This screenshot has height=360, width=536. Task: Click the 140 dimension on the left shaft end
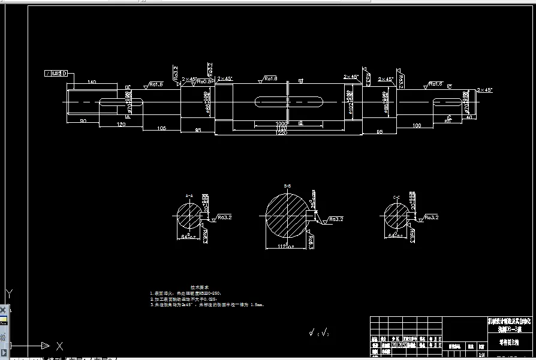coord(92,81)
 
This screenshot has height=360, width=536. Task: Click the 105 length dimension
coord(161,128)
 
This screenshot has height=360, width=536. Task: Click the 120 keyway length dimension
coord(121,124)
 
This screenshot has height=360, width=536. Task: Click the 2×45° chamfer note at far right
coord(484,90)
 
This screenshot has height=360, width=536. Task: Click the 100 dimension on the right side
coord(417,125)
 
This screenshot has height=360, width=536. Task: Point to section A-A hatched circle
coord(189,217)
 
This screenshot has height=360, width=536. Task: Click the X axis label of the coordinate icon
coord(59,346)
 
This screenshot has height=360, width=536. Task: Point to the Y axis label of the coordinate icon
coord(9,294)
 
